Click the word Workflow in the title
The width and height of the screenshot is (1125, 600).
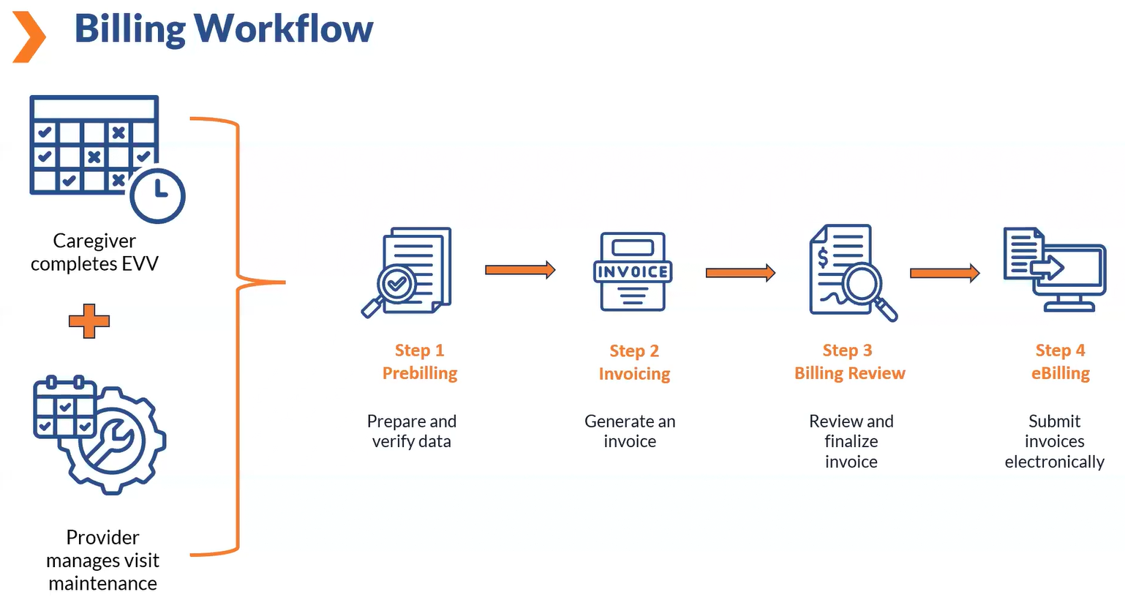point(284,29)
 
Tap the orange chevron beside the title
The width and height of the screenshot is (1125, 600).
point(29,37)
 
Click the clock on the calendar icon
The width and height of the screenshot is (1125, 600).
point(157,195)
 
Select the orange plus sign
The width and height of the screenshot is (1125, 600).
point(89,320)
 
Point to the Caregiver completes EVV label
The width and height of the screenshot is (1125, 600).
point(94,252)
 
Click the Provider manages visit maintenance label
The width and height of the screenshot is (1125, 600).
point(102,560)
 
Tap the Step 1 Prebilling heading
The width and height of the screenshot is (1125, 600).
point(420,362)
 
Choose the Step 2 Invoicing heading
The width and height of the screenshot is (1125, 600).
point(634,363)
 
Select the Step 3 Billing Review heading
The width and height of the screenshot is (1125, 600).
point(849,362)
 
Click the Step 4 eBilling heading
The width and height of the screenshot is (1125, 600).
point(1060,362)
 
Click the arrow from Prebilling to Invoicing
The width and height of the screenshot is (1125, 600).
point(520,270)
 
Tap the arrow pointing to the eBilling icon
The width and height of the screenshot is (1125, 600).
point(944,273)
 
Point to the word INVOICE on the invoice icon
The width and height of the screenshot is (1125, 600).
point(633,272)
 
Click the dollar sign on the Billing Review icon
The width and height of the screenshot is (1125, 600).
point(823,258)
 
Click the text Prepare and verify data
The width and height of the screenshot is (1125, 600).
point(411,431)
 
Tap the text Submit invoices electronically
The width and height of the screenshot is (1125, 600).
point(1054,441)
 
